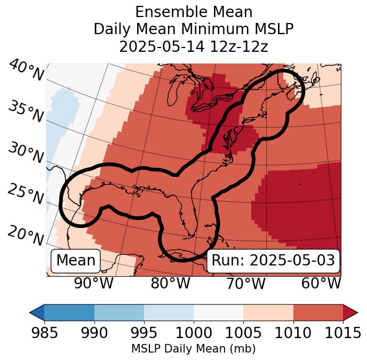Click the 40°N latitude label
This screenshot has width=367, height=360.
pyautogui.click(x=26, y=71)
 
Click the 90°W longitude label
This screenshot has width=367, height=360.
pyautogui.click(x=93, y=284)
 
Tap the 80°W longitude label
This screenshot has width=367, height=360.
pyautogui.click(x=170, y=284)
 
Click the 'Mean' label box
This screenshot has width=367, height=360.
pyautogui.click(x=76, y=261)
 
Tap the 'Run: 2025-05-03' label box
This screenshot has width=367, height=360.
pyautogui.click(x=273, y=261)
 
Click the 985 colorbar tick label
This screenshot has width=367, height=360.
pyautogui.click(x=44, y=333)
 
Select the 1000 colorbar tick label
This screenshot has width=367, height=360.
pyautogui.click(x=194, y=333)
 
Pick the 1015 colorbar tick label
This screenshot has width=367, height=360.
pyautogui.click(x=343, y=333)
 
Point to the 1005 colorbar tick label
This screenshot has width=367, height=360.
pyautogui.click(x=243, y=333)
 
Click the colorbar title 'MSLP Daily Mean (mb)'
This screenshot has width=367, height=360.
pyautogui.click(x=193, y=349)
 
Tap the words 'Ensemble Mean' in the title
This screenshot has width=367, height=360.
pyautogui.click(x=193, y=12)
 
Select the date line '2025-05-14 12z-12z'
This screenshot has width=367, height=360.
pyautogui.click(x=193, y=46)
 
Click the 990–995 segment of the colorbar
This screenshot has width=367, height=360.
pyautogui.click(x=119, y=312)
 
